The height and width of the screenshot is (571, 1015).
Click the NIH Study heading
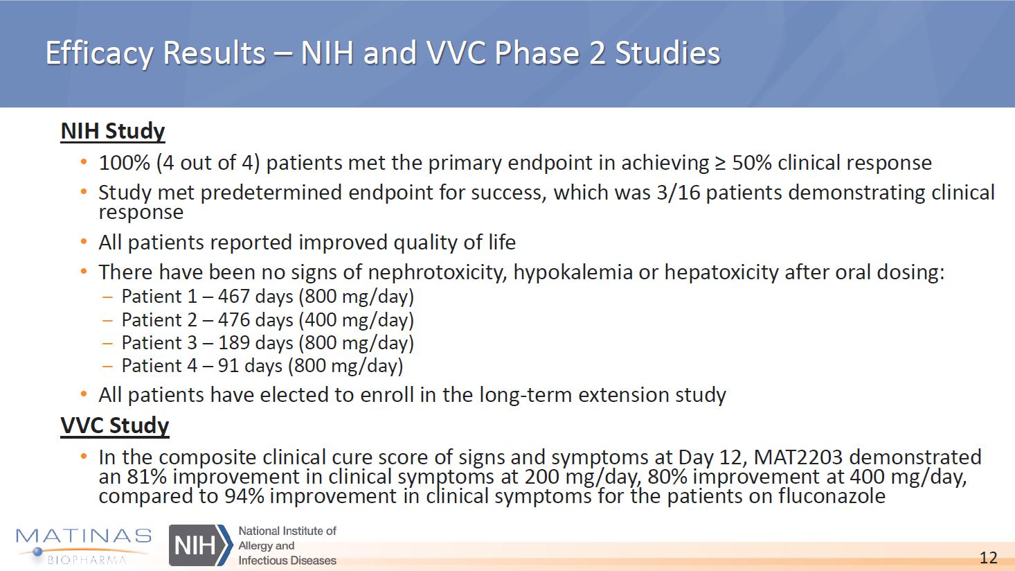coord(113,132)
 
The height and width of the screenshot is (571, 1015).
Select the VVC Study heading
coord(115,426)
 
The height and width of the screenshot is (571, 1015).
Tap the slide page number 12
coord(988,557)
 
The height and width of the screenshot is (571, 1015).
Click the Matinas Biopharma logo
coord(84,545)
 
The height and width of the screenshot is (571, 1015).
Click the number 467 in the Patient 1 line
coord(234,297)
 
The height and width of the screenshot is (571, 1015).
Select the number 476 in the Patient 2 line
coord(234,319)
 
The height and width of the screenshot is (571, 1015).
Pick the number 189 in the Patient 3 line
coord(234,343)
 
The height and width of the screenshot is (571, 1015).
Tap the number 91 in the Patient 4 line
coord(228,366)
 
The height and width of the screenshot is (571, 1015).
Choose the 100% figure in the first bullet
coord(124,163)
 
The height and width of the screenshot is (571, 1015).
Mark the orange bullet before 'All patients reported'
coord(83,241)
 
